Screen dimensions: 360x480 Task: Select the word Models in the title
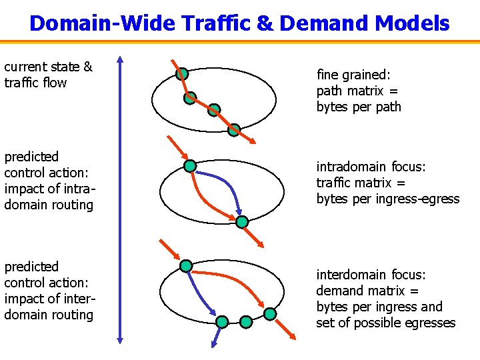coord(412,23)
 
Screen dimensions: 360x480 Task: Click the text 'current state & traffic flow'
coord(48,75)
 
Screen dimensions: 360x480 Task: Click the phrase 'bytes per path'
coord(359,107)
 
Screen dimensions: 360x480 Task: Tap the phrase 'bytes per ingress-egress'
coord(388,199)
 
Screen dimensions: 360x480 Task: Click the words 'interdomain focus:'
coord(371,275)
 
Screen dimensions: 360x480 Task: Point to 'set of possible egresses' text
coord(386,323)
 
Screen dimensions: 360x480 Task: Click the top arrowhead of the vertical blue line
coord(120,60)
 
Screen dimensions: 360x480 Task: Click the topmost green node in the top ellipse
coord(181,74)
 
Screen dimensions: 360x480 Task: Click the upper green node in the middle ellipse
coord(190,165)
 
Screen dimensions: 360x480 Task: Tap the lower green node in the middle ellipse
coord(242,221)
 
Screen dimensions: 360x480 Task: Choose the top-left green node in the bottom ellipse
coord(186,267)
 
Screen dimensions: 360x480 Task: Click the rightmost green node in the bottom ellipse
coord(269,313)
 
